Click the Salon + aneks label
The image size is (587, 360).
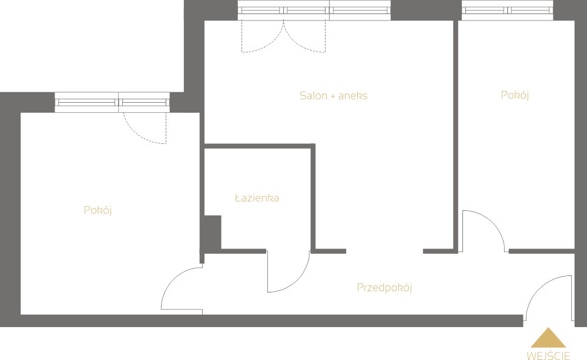pyautogui.click(x=333, y=96)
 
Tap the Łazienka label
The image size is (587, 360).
pyautogui.click(x=257, y=197)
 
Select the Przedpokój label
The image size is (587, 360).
pyautogui.click(x=384, y=288)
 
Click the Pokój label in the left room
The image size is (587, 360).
pyautogui.click(x=98, y=210)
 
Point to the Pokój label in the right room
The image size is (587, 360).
pyautogui.click(x=515, y=95)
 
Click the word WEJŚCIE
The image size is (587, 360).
pyautogui.click(x=548, y=355)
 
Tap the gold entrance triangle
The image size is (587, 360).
pyautogui.click(x=548, y=338)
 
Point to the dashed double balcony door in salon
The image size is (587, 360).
pyautogui.click(x=283, y=36)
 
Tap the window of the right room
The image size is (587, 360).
pyautogui.click(x=507, y=11)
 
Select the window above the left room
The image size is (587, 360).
pyautogui.click(x=112, y=102)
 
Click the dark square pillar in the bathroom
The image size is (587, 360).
pyautogui.click(x=213, y=232)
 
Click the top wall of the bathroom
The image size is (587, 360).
pyautogui.click(x=260, y=146)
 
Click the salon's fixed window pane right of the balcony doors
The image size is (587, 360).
pyautogui.click(x=360, y=11)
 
